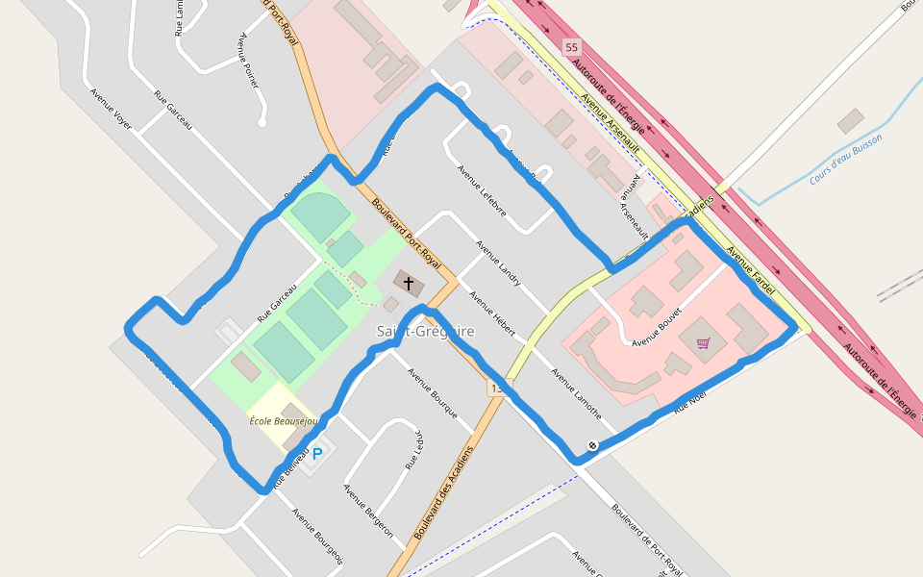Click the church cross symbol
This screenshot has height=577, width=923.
tap(409, 284)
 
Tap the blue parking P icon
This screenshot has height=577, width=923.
tap(317, 453)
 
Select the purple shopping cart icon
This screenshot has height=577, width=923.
tap(703, 343)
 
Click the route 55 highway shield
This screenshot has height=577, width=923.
tap(572, 47)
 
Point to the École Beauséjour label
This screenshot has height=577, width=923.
tap(283, 421)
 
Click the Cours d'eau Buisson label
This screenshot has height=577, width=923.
tap(845, 159)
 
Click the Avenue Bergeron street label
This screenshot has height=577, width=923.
tap(368, 511)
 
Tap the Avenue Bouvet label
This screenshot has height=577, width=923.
tap(657, 327)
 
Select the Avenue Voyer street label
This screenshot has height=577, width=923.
tap(111, 108)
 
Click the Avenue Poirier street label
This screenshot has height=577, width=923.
tap(248, 61)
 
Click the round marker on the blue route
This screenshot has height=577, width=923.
tap(592, 445)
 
